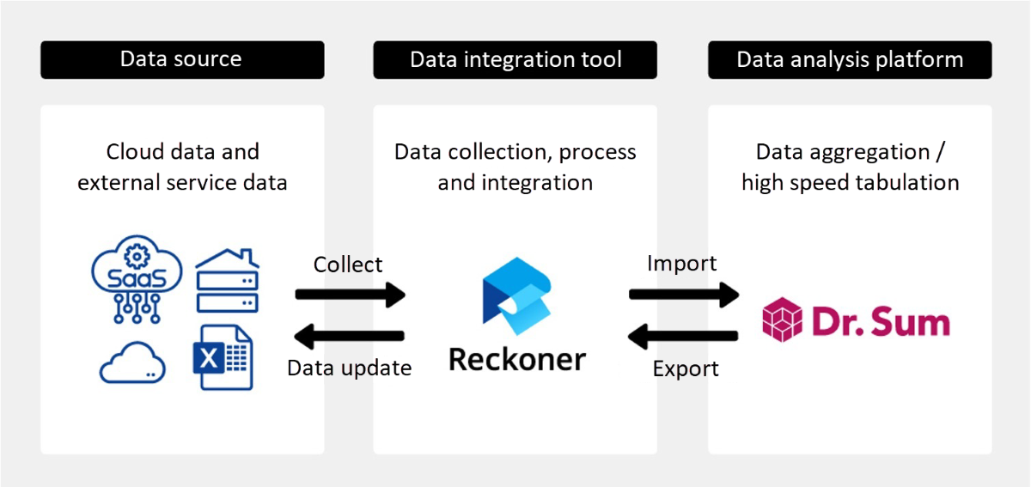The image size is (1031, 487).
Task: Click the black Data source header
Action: [x=182, y=59]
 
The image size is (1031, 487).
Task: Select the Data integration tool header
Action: [x=515, y=59]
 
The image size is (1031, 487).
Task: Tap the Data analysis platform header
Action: [x=850, y=59]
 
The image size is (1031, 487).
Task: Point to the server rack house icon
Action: [x=227, y=281]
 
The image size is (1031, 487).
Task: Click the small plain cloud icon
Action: [x=132, y=363]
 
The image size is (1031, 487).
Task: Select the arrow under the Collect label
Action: [x=350, y=295]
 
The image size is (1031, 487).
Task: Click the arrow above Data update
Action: [x=350, y=336]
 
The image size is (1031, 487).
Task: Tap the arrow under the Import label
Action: [x=684, y=295]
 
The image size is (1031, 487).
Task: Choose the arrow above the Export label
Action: [x=684, y=336]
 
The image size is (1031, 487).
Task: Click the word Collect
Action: [x=348, y=265]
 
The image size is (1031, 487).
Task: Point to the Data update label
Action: [x=350, y=368]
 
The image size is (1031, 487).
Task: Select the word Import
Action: [x=681, y=263]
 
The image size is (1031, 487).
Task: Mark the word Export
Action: [x=686, y=369]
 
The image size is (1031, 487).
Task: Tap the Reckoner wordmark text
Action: [x=517, y=358]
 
